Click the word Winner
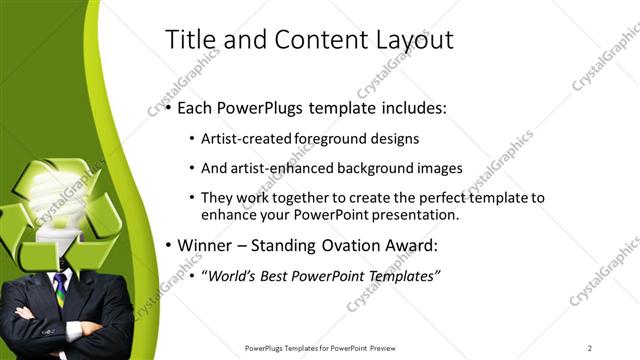208,246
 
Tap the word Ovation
357,246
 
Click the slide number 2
590,348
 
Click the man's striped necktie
60,289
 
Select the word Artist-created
243,138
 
